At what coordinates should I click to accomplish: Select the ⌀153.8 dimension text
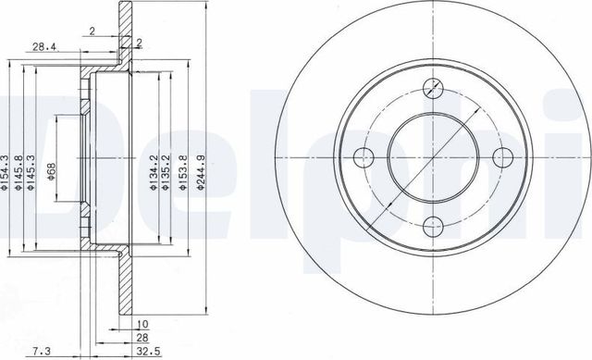coord(183,171)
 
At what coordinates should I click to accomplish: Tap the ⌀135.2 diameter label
coord(165,171)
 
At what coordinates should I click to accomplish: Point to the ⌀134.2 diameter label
coord(154,171)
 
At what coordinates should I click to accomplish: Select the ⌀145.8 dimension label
coord(18,171)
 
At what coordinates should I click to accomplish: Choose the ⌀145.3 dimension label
coord(31,171)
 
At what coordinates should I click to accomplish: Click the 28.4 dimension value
coord(43,47)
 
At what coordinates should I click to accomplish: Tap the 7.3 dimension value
coord(41,352)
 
